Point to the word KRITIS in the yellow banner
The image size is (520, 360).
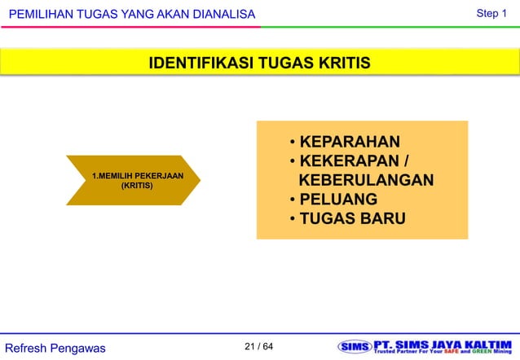pyautogui.click(x=340, y=64)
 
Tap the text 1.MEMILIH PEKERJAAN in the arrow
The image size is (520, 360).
pyautogui.click(x=137, y=176)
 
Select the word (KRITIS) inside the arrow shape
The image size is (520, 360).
pyautogui.click(x=137, y=187)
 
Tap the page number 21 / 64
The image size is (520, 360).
pyautogui.click(x=259, y=348)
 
